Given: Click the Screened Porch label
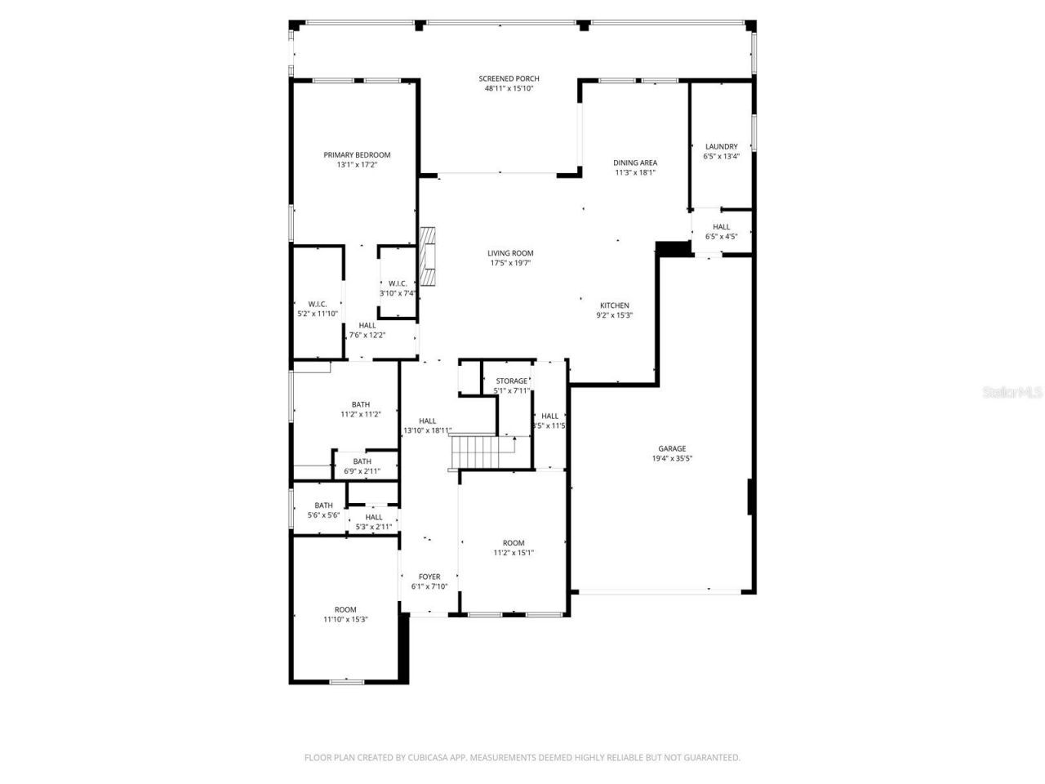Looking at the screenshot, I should [x=509, y=78].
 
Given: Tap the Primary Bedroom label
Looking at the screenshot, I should [x=357, y=154].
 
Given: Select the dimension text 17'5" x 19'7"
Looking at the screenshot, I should [x=510, y=263].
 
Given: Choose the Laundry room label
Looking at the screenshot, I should [x=721, y=147].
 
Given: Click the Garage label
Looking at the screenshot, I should [x=672, y=448].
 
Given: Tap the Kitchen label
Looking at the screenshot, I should [x=614, y=305].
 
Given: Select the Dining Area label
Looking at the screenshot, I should [x=635, y=163].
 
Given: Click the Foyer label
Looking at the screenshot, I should [x=429, y=577].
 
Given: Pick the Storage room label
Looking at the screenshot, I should [x=512, y=381].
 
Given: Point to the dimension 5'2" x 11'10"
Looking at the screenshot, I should [x=318, y=314].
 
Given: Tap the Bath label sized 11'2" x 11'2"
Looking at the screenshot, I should [x=360, y=404].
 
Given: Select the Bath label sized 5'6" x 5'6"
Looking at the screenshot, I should [x=323, y=506].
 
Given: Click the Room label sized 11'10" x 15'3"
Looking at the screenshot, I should [x=345, y=609].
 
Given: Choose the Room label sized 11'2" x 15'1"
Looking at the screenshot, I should [x=514, y=543].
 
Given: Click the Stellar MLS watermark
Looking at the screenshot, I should [x=1012, y=392].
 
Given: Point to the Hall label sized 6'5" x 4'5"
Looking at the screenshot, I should [x=721, y=227].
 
